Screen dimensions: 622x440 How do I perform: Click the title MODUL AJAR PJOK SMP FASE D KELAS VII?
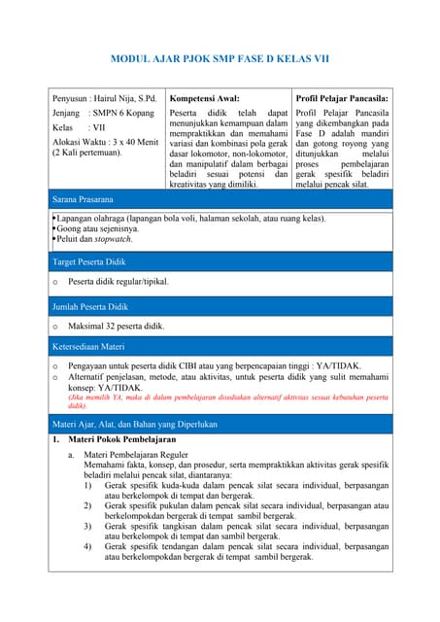click(220, 59)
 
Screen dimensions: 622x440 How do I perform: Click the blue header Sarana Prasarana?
click(83, 199)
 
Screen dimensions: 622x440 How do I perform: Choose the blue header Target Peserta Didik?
click(90, 262)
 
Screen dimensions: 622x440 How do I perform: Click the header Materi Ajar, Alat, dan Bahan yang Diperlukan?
click(134, 424)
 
